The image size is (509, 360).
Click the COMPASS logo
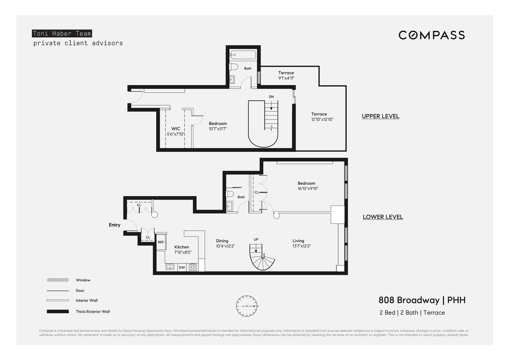click(432, 35)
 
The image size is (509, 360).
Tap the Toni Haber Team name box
click(62, 33)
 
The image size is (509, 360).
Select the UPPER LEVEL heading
click(380, 116)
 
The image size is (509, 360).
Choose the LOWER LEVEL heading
click(383, 217)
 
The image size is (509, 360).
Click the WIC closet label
click(176, 129)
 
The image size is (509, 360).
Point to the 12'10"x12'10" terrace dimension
click(322, 120)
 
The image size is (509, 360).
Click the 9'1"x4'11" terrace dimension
click(286, 78)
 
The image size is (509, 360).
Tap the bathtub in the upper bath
click(243, 55)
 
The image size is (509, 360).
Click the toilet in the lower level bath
click(230, 194)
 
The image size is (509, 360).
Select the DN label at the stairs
click(271, 97)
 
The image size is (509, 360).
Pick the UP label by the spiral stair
click(256, 239)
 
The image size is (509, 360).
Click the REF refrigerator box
click(161, 242)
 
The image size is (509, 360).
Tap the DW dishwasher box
click(182, 267)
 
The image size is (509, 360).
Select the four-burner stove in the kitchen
click(193, 267)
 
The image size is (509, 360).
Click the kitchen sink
click(170, 267)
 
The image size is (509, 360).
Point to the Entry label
click(114, 225)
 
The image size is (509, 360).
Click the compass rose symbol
click(247, 306)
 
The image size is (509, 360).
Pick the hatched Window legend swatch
click(58, 280)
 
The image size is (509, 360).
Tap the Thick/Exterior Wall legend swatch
click(58, 311)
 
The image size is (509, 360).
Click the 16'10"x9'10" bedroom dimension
click(308, 189)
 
